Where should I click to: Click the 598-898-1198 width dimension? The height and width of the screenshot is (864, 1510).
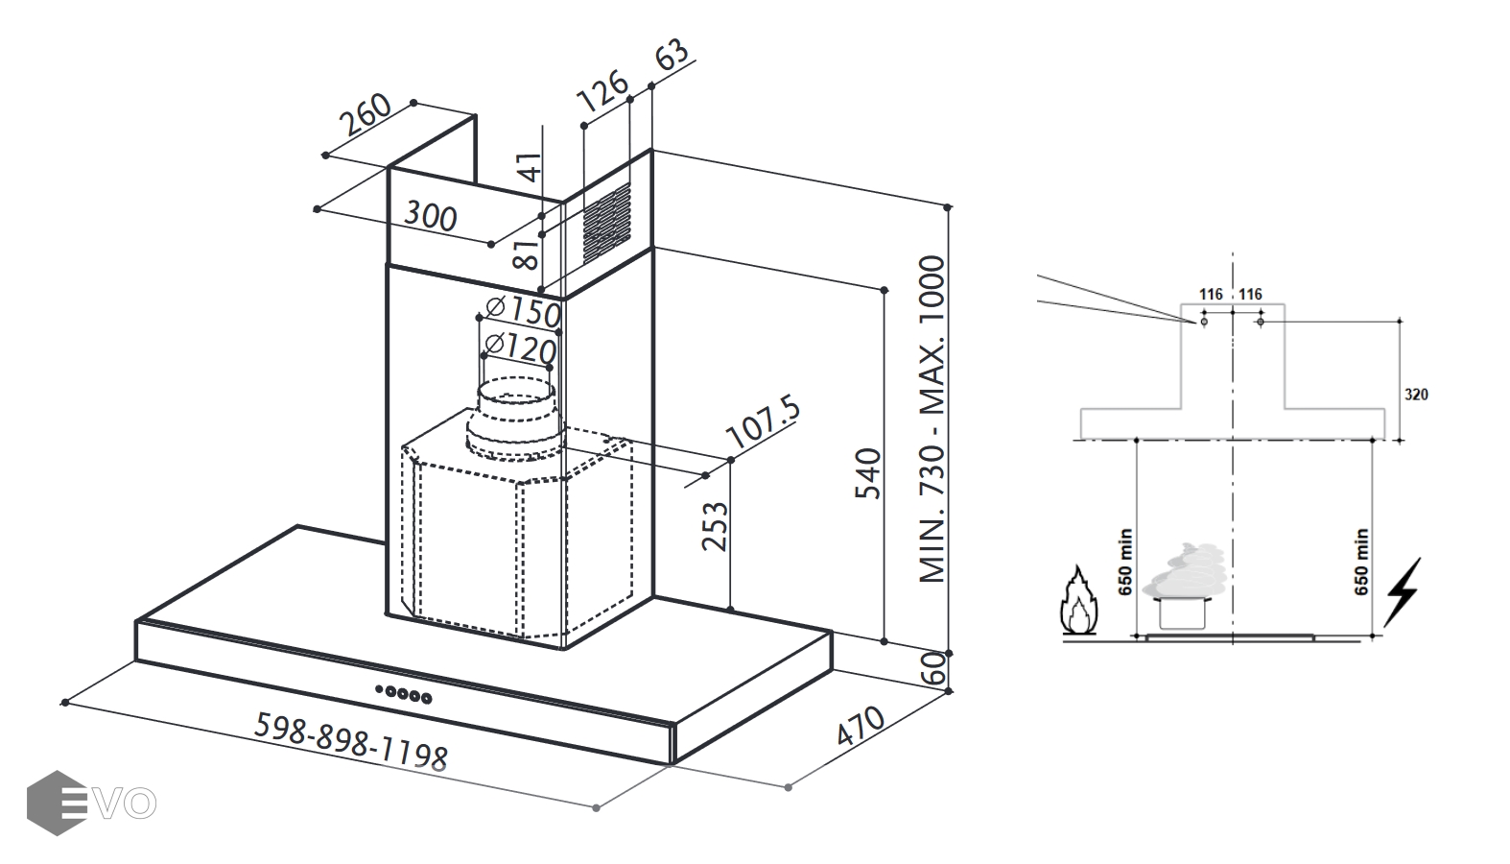coord(350,741)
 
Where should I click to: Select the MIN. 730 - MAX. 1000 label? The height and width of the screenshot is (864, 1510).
coord(932,420)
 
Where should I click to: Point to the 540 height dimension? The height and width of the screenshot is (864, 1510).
coord(867,472)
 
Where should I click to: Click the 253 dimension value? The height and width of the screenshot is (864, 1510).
coord(715,526)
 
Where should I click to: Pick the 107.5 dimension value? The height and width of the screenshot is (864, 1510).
coord(764,420)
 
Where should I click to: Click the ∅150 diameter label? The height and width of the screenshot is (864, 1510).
coord(523,311)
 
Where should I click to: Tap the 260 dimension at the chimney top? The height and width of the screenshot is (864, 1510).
coord(366,115)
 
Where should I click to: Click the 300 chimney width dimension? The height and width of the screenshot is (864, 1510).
coord(430,216)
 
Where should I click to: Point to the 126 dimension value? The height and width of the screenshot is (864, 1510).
coord(602,95)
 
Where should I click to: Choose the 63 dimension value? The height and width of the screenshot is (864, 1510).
coord(672,54)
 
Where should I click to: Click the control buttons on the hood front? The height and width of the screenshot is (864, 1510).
coord(403,693)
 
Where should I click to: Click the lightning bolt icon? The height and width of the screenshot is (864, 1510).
coord(1402,590)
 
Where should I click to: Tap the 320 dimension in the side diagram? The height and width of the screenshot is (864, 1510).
coord(1416,395)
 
